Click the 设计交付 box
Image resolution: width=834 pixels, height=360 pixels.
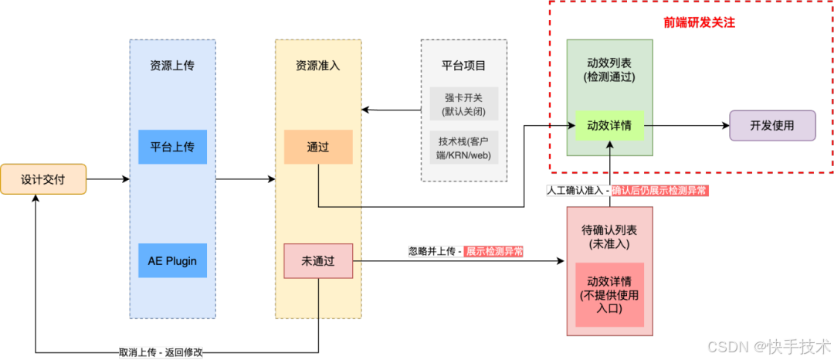(43, 179)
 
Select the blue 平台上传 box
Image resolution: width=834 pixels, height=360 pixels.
(172, 147)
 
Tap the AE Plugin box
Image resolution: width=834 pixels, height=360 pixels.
(172, 260)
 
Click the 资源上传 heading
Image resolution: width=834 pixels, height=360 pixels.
(172, 66)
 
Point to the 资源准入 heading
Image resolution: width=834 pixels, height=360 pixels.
(317, 66)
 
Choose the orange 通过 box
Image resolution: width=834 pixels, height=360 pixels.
(318, 147)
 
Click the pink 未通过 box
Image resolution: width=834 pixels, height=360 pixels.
(318, 260)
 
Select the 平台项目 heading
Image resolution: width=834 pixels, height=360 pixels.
(463, 66)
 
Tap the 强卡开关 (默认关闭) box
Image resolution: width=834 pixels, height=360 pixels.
(463, 104)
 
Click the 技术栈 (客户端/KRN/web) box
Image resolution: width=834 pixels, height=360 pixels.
(463, 148)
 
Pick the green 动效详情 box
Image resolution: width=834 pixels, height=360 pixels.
(609, 125)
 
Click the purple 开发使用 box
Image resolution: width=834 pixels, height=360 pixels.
(772, 125)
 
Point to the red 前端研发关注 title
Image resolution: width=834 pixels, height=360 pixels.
(699, 22)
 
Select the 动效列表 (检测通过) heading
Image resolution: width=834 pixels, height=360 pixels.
(609, 70)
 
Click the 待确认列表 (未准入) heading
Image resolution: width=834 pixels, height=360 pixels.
(609, 236)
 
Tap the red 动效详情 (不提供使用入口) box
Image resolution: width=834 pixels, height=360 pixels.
(609, 294)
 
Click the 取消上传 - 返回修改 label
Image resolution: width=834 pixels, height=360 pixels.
(161, 352)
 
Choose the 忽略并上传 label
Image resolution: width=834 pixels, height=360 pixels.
(436, 251)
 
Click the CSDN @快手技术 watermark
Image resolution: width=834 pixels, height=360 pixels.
(768, 345)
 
